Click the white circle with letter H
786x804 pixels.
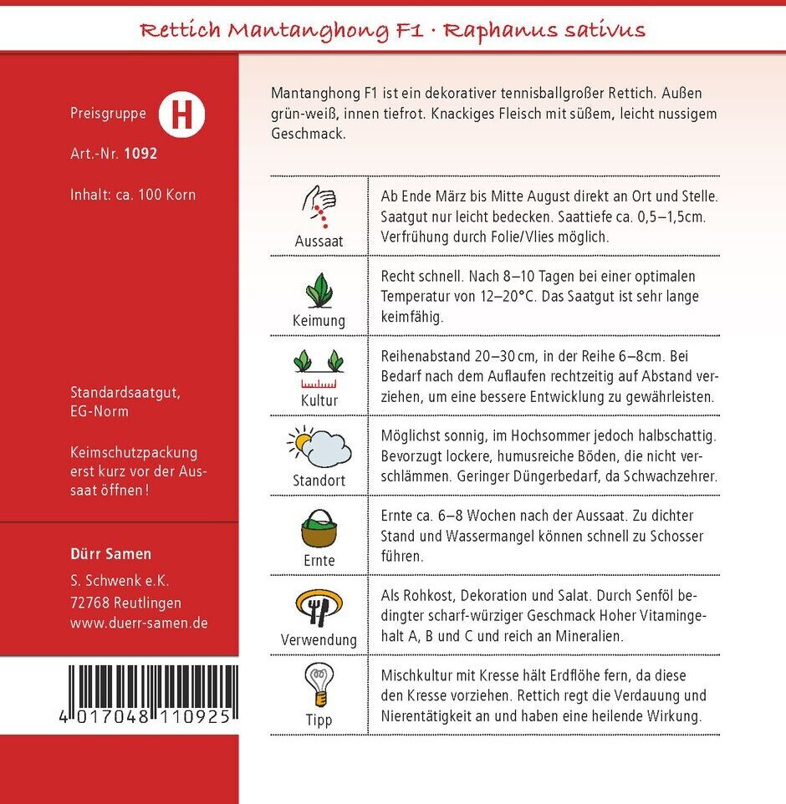[x=181, y=115]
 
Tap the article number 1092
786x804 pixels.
[x=140, y=154]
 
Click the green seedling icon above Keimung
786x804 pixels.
[x=319, y=289]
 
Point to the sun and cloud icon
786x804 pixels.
[x=319, y=447]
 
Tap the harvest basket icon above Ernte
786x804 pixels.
[x=319, y=527]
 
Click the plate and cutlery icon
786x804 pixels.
[x=319, y=607]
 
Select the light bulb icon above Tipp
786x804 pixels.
[x=319, y=685]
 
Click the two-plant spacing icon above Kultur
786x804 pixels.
[x=319, y=368]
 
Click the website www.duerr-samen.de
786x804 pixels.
[x=139, y=623]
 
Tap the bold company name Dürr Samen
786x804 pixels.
[x=111, y=554]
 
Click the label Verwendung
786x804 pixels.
[x=319, y=640]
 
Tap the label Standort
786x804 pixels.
[x=319, y=481]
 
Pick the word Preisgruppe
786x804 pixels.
[x=108, y=114]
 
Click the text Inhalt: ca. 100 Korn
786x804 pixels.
[x=133, y=195]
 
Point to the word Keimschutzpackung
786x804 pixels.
[x=134, y=452]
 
